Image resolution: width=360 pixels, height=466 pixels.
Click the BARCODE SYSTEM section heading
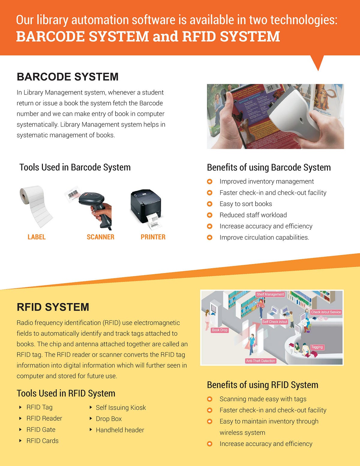click(67, 77)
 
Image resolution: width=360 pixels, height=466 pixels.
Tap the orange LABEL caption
click(37, 237)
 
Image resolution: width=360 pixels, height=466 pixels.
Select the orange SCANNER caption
click(100, 237)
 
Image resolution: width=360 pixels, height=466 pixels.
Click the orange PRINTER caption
click(153, 237)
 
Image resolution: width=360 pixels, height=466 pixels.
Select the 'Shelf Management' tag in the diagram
click(270, 294)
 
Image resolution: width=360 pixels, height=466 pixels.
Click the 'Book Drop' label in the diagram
click(220, 330)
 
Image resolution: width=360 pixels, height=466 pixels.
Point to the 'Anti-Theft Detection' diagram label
click(260, 361)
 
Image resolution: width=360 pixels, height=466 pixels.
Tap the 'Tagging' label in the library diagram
click(317, 347)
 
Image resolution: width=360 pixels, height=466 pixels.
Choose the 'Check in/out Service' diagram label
click(326, 312)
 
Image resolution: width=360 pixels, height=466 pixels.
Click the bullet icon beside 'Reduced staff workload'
click(210, 215)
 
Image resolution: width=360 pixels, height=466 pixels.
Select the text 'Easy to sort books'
click(246, 204)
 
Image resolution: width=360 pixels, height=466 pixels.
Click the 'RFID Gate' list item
click(41, 430)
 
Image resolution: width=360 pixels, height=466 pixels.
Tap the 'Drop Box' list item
click(109, 419)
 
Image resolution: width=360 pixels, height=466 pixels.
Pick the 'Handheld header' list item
click(120, 430)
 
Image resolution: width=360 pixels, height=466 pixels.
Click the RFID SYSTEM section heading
click(53, 307)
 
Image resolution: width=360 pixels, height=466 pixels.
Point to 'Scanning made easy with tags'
click(263, 399)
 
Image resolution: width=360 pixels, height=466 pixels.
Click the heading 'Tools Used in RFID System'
click(66, 393)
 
